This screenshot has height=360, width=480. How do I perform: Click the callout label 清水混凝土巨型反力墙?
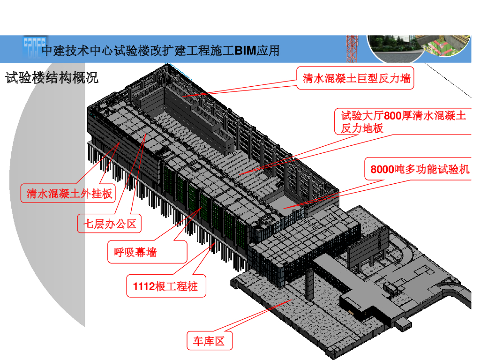(356, 78)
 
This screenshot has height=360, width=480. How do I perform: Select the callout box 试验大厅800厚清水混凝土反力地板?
(403, 121)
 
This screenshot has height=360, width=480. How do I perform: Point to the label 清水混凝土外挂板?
(69, 193)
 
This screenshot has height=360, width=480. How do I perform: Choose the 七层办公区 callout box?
(110, 224)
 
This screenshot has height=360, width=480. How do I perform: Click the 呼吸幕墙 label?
(135, 253)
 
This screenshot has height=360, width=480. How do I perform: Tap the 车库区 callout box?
(209, 341)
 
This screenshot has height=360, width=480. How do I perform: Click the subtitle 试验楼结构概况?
(52, 78)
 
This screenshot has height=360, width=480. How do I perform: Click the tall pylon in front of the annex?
(309, 283)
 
